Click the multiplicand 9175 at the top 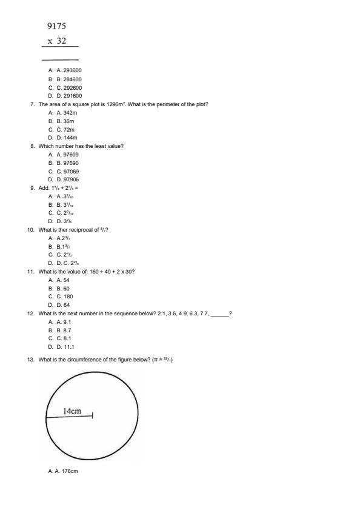point(56,26)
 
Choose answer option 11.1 point(68,347)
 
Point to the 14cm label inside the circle point(72,411)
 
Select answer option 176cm point(70,471)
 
